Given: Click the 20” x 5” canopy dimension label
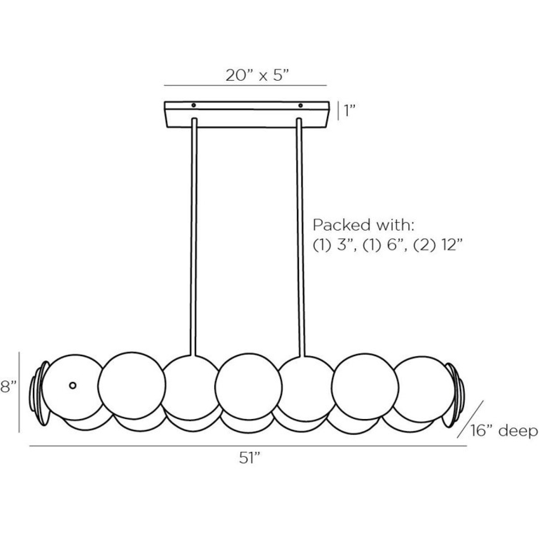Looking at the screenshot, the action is pos(257,75).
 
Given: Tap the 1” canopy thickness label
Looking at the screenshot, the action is pos(349,111).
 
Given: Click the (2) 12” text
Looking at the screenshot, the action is pos(437,246).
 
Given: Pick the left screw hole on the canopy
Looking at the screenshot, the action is pos(193,105).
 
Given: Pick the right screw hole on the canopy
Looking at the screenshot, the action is pos(300,105).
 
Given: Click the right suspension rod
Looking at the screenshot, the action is pos(300,237).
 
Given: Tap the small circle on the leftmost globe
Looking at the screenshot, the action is pos(73,385).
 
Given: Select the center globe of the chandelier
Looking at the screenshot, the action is pos(248,386).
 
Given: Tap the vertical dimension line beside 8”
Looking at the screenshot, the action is pos(19,392).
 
